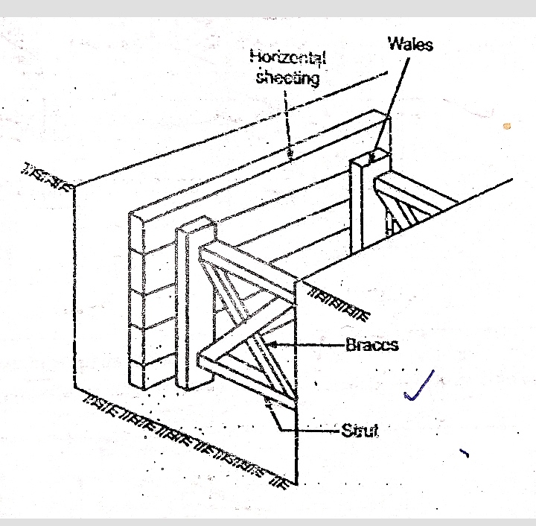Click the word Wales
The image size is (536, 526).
point(410,44)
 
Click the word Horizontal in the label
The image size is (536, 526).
point(288,57)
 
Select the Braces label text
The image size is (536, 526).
point(371,346)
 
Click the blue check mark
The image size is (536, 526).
point(418,387)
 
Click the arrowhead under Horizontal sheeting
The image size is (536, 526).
point(291,156)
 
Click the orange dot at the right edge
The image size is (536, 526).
point(507,126)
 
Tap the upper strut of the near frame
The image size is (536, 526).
point(253,264)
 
